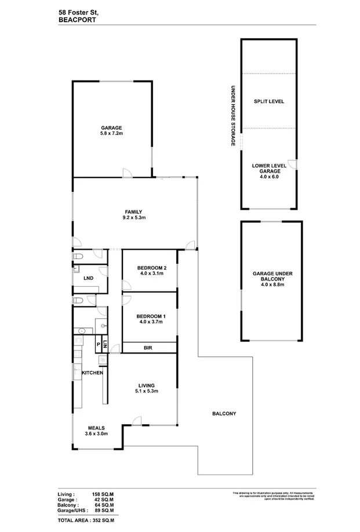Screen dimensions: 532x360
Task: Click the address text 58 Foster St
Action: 78,11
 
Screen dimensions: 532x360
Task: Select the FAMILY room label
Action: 133,214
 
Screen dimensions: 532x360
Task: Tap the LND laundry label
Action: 88,278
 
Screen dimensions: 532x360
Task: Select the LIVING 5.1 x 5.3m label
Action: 145,388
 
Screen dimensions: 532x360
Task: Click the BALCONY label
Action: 223,413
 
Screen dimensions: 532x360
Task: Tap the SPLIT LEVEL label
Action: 268,101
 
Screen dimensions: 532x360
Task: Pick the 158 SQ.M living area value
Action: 103,494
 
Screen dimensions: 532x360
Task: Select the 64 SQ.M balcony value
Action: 103,505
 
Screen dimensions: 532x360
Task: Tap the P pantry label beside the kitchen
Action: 98,344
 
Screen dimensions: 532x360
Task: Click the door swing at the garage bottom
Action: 127,173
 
